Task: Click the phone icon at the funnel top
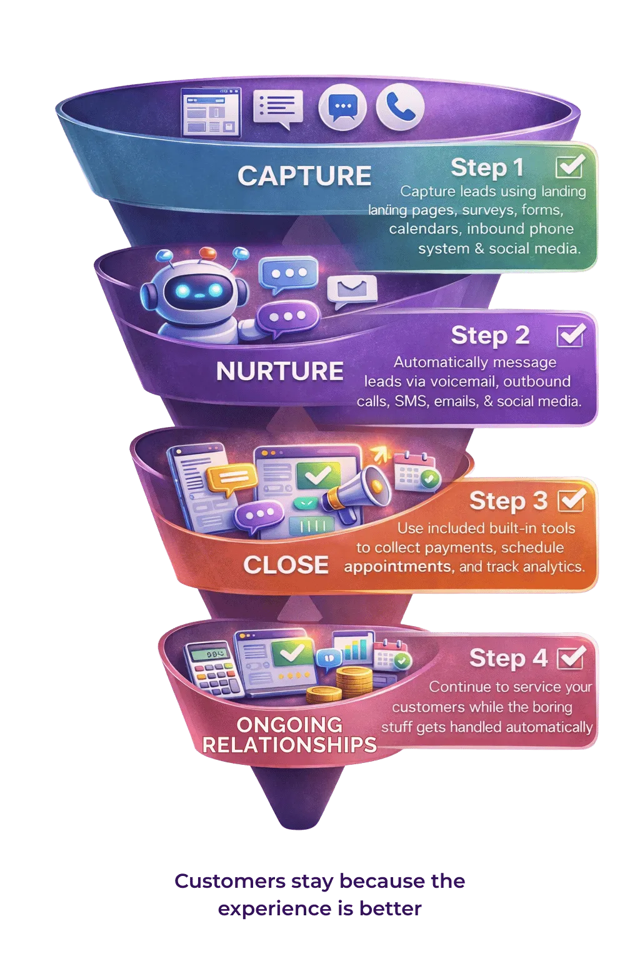point(400,107)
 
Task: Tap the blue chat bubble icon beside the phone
point(342,107)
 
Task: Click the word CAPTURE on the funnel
point(304,176)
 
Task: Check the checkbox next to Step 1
point(569,166)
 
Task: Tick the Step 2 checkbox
point(569,335)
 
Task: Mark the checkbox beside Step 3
point(571,499)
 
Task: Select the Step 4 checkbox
point(570,657)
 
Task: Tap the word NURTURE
point(279,371)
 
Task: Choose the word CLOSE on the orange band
point(286,564)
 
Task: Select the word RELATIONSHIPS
point(289,744)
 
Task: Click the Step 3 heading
point(508,500)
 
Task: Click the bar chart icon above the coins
point(354,649)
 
